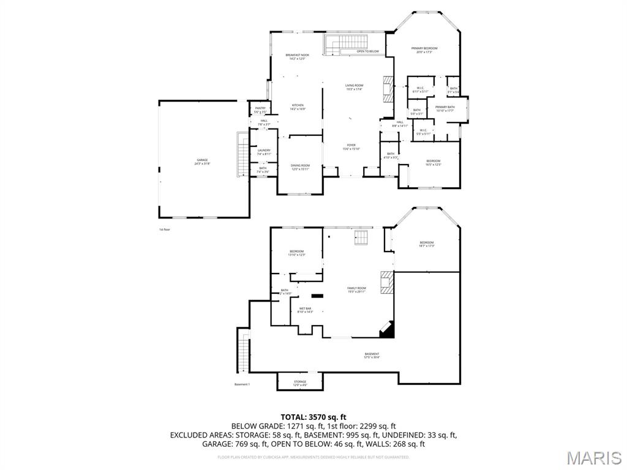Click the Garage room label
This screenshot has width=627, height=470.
tap(203, 162)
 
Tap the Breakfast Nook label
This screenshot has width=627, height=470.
tap(298, 56)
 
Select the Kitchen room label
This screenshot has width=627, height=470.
tap(298, 106)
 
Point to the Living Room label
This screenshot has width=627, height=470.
tap(354, 87)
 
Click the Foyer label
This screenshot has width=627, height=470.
tap(351, 147)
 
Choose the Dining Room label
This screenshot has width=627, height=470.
tap(300, 167)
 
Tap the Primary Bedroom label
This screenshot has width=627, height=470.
tap(424, 50)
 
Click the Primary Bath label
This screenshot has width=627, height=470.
tap(445, 109)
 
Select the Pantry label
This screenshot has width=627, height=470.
tap(260, 110)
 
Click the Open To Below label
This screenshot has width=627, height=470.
tap(368, 51)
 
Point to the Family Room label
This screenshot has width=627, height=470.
tap(356, 289)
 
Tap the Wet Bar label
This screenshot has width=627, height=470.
tap(306, 310)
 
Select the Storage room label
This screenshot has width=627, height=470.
tap(300, 383)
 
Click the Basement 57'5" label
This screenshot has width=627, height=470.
tap(372, 356)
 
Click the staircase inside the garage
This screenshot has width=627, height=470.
tap(242, 155)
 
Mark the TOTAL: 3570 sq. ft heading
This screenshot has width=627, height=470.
tap(313, 417)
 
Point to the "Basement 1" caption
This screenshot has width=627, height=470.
tap(242, 384)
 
